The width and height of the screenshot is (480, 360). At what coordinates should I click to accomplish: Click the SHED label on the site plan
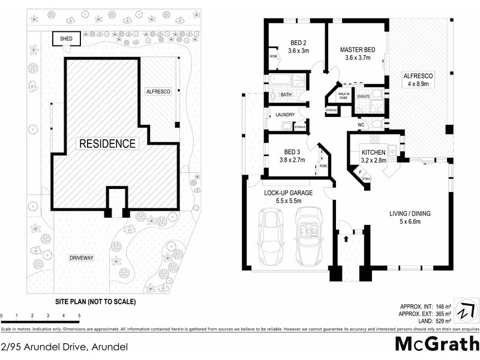tap(66, 39)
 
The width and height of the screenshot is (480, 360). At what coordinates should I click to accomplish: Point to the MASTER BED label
tap(357, 50)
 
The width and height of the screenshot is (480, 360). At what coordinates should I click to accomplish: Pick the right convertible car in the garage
tap(310, 236)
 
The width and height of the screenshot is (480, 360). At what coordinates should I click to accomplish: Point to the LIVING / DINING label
tap(410, 213)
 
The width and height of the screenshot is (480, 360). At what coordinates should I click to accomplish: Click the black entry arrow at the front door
tap(346, 238)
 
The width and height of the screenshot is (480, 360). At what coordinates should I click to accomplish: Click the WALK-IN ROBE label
tap(344, 95)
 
